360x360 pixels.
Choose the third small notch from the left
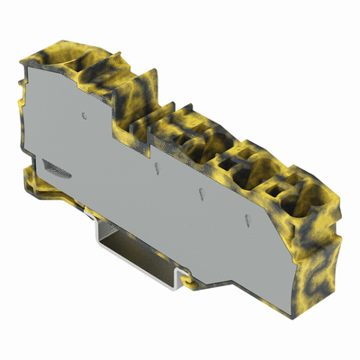point(197,193)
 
